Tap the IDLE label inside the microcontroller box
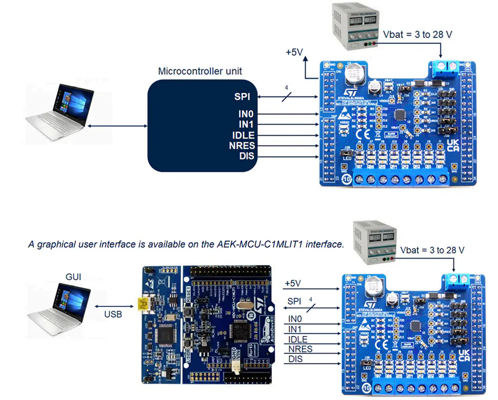click(244, 135)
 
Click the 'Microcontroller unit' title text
click(200, 71)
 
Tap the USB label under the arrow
click(112, 313)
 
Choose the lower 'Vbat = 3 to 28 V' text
click(433, 250)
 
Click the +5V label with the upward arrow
click(295, 53)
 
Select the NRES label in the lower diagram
click(300, 348)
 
